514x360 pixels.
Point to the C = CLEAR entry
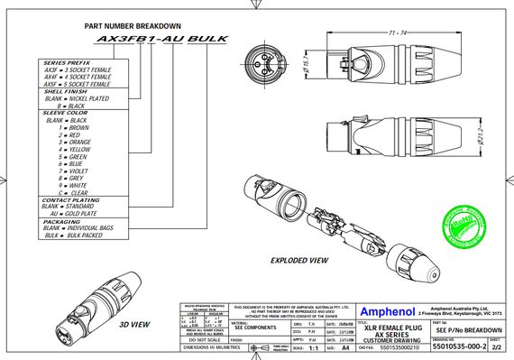pyautogui.click(x=73, y=193)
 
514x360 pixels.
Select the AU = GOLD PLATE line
pyautogui.click(x=76, y=214)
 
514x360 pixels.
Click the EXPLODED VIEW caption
pyautogui.click(x=300, y=260)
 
